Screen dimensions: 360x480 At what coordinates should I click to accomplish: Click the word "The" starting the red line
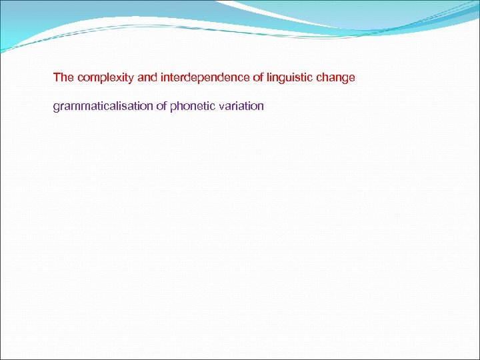(x=63, y=77)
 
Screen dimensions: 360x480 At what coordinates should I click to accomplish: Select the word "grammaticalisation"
(x=103, y=106)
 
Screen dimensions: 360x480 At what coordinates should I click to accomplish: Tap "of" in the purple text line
(x=161, y=106)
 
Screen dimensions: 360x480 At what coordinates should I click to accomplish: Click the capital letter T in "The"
(x=57, y=77)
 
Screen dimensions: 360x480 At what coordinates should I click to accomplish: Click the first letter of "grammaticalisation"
(x=57, y=107)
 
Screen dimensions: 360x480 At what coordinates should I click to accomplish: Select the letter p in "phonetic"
(x=173, y=107)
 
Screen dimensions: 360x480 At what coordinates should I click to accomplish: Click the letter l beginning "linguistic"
(x=267, y=77)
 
